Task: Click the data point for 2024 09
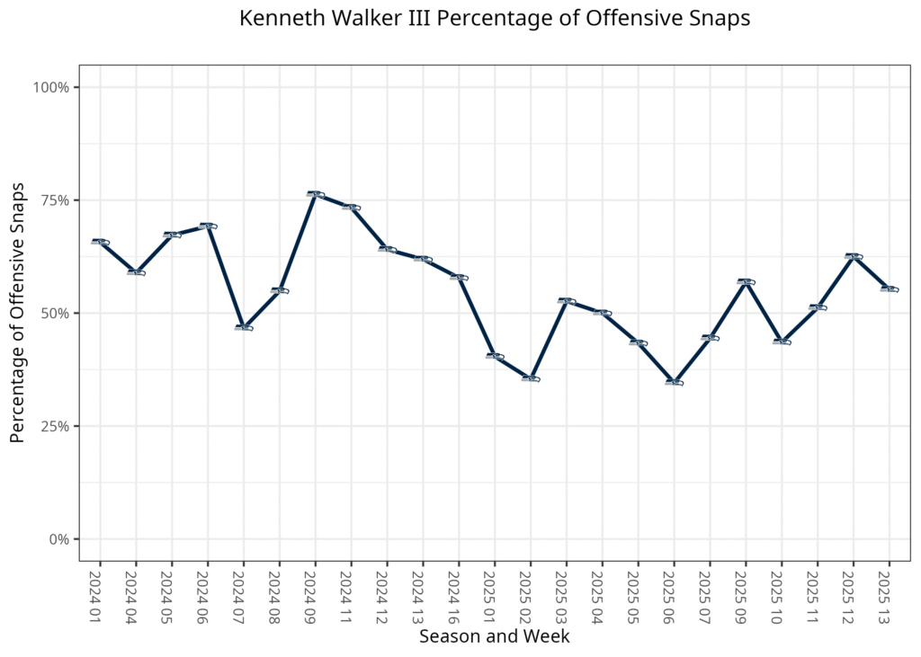tap(315, 194)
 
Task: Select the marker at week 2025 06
tap(674, 382)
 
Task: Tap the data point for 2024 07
tap(243, 327)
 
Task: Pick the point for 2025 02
tap(530, 378)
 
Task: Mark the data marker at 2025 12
tap(853, 256)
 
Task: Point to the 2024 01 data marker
tap(100, 241)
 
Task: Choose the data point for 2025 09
tap(745, 281)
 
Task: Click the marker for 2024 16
tap(459, 277)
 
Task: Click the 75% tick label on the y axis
tap(52, 200)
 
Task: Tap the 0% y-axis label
tap(58, 539)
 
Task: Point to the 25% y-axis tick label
tap(52, 426)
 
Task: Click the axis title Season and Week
tap(494, 636)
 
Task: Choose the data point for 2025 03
tap(566, 300)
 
